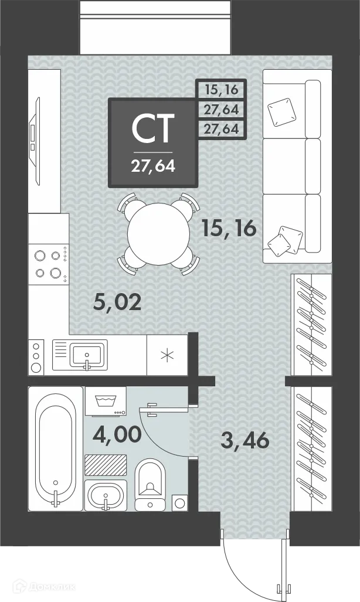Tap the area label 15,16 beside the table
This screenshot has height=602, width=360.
coord(228,229)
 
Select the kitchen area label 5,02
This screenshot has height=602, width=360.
coord(118,302)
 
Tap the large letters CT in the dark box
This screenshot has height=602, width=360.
coord(153,129)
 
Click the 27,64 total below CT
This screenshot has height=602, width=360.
coord(153,166)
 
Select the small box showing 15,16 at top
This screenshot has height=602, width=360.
coord(221,90)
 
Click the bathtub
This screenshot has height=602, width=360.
coord(56,448)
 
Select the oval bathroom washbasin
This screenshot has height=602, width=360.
coord(106,496)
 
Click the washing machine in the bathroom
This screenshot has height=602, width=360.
coord(106,401)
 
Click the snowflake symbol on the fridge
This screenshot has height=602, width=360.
coord(167,356)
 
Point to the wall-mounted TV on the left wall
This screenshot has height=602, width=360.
coord(35,141)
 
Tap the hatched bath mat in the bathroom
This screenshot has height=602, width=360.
coord(106,465)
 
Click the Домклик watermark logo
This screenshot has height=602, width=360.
coord(44,586)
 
